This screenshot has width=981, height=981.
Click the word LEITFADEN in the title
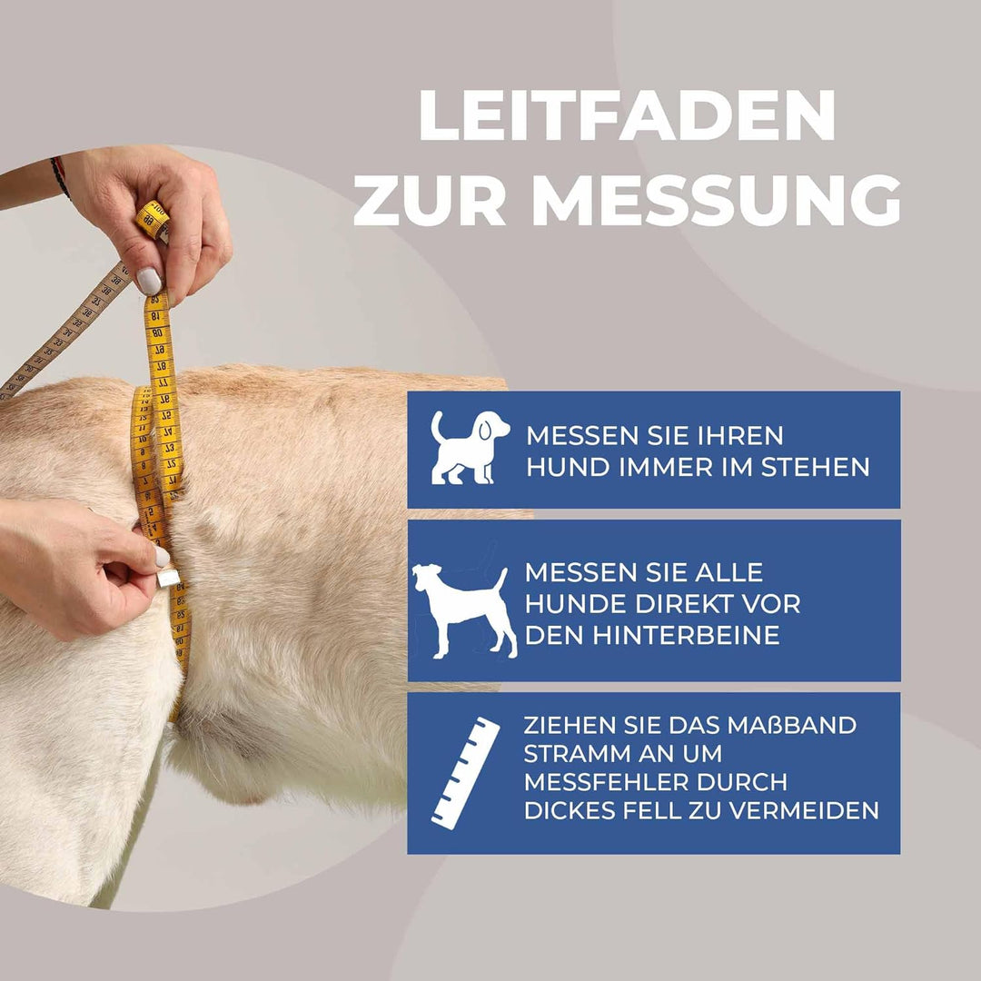[x=626, y=115]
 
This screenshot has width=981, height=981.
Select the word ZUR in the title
[x=429, y=202]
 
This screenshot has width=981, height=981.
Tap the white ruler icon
[x=465, y=771]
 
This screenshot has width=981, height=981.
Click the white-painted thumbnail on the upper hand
[x=148, y=281]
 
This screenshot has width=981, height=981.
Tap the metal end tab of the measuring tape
[x=167, y=576]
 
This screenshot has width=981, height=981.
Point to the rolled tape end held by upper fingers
[x=152, y=221]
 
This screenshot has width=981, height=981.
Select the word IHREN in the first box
[x=741, y=435]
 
